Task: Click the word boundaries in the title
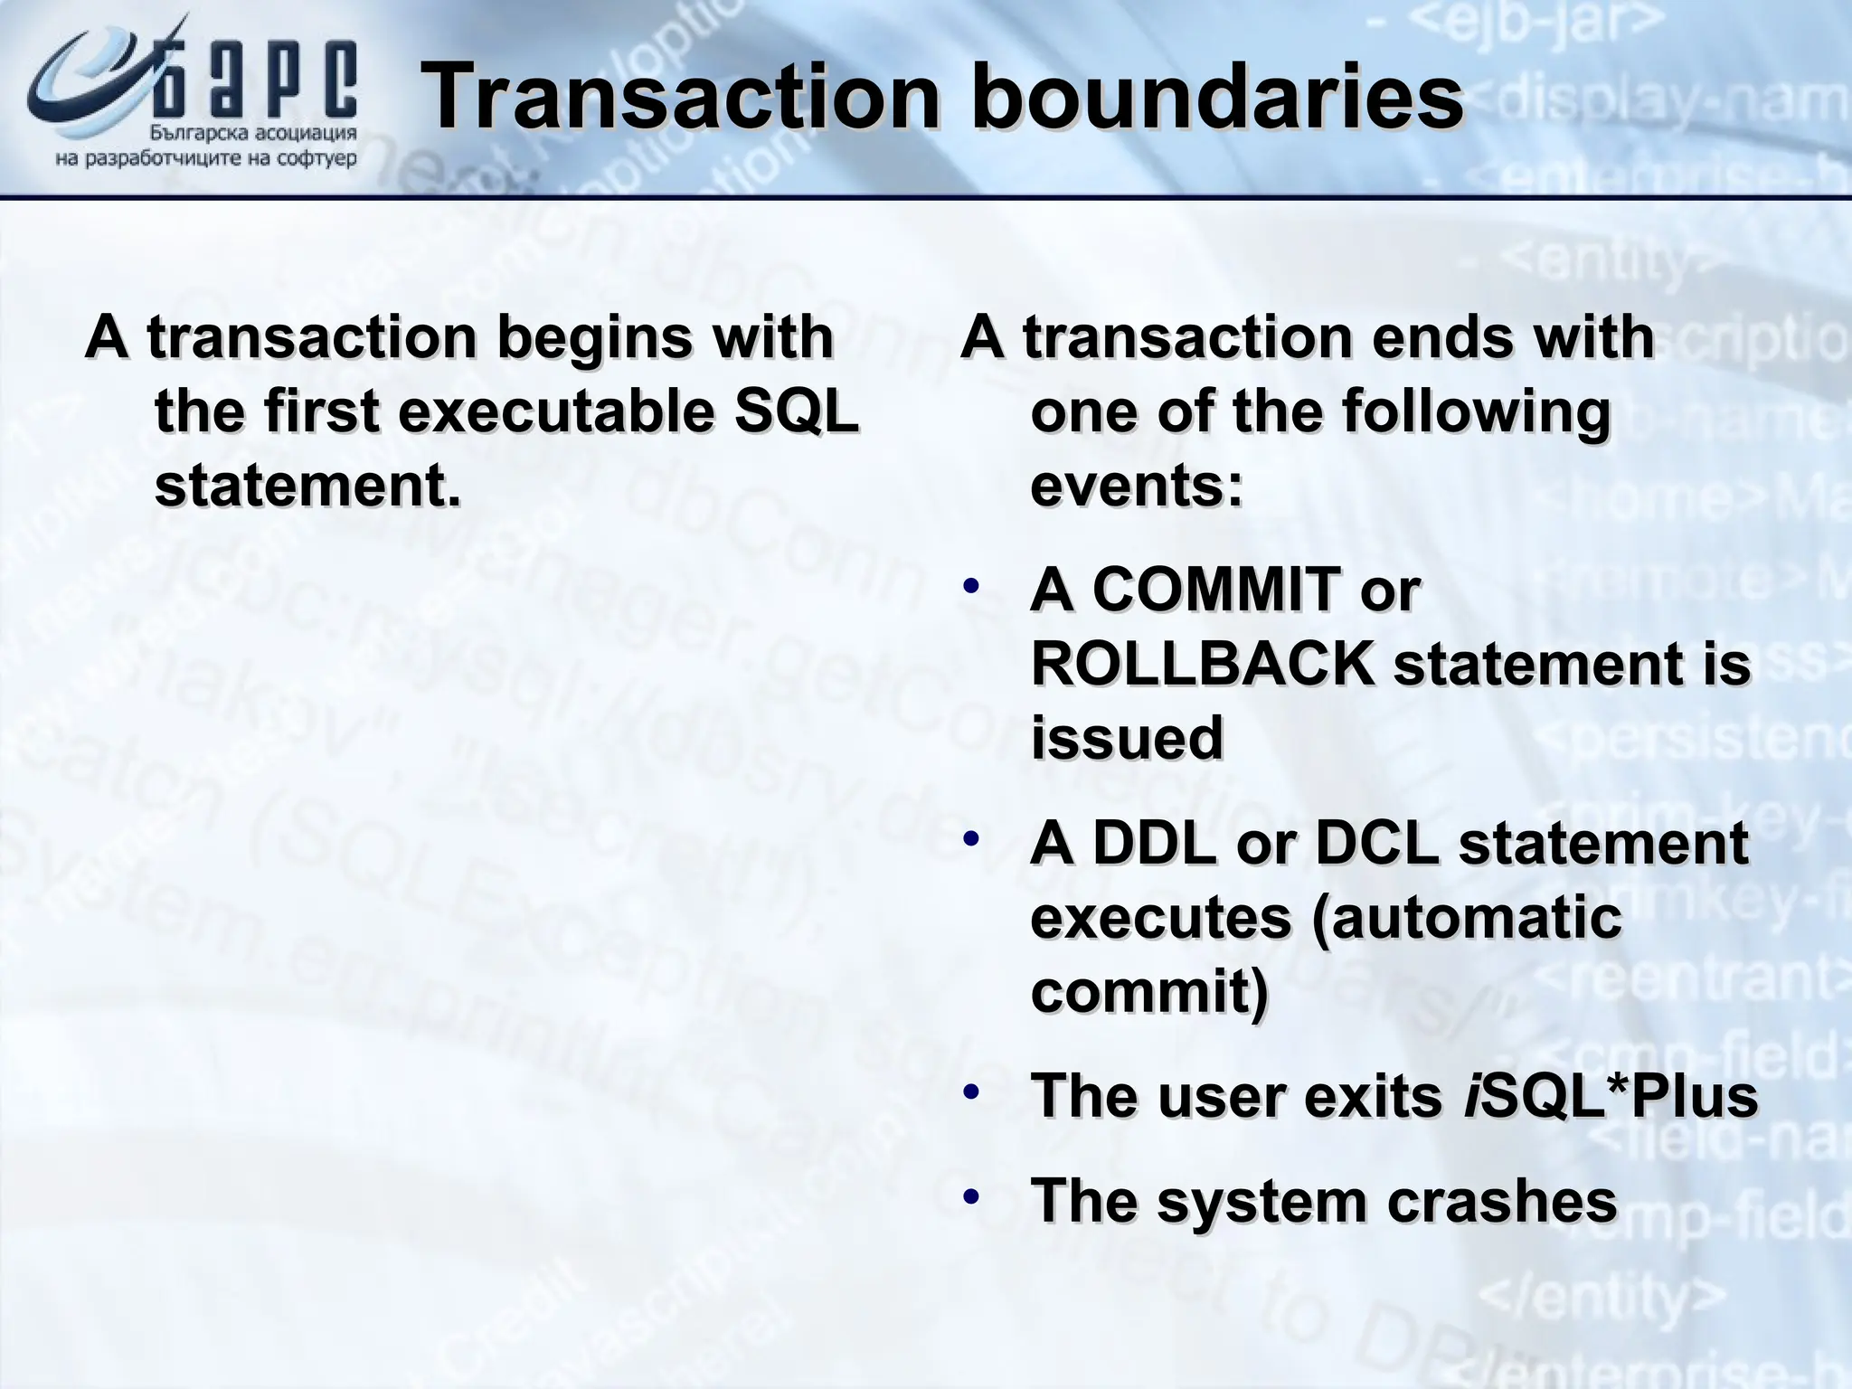[1216, 97]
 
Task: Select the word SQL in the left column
[796, 411]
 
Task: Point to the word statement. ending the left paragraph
[307, 487]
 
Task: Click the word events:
[1137, 487]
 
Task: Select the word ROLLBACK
[1204, 664]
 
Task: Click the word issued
[1127, 738]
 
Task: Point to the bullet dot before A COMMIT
[970, 586]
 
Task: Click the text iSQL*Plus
[1610, 1096]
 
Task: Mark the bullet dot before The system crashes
[970, 1197]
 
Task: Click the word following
[1476, 411]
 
